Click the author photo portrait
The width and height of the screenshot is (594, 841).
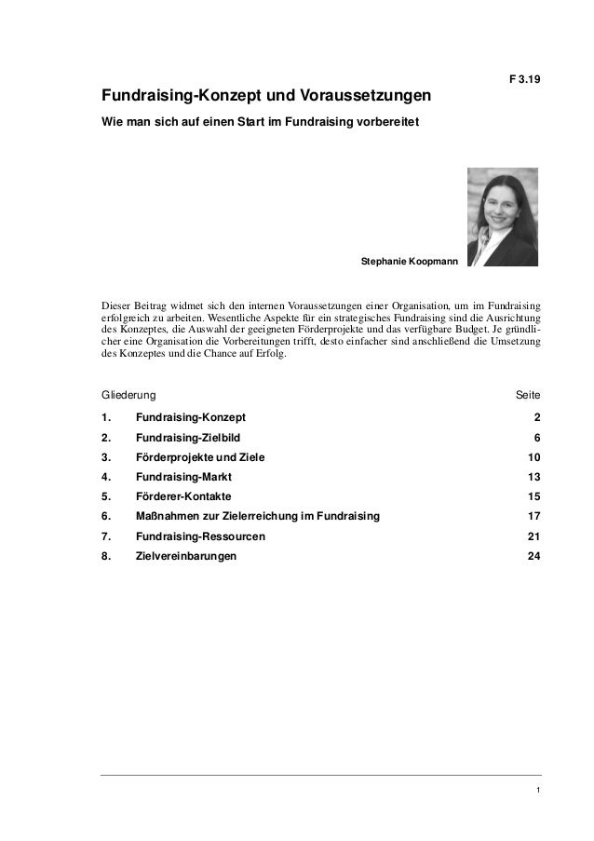click(x=501, y=214)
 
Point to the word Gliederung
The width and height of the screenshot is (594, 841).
click(x=128, y=396)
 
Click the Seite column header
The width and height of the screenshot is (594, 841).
click(x=527, y=396)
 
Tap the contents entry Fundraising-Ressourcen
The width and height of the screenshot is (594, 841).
click(x=200, y=536)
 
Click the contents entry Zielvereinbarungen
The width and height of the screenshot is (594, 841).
click(x=185, y=556)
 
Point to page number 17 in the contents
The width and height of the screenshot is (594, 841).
click(x=533, y=517)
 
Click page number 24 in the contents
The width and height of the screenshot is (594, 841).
click(x=533, y=556)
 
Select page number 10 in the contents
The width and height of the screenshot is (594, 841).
click(x=533, y=457)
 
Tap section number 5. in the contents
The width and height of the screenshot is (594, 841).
click(x=106, y=496)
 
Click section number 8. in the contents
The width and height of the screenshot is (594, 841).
click(x=106, y=556)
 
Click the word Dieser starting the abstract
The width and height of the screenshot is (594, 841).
click(x=117, y=304)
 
